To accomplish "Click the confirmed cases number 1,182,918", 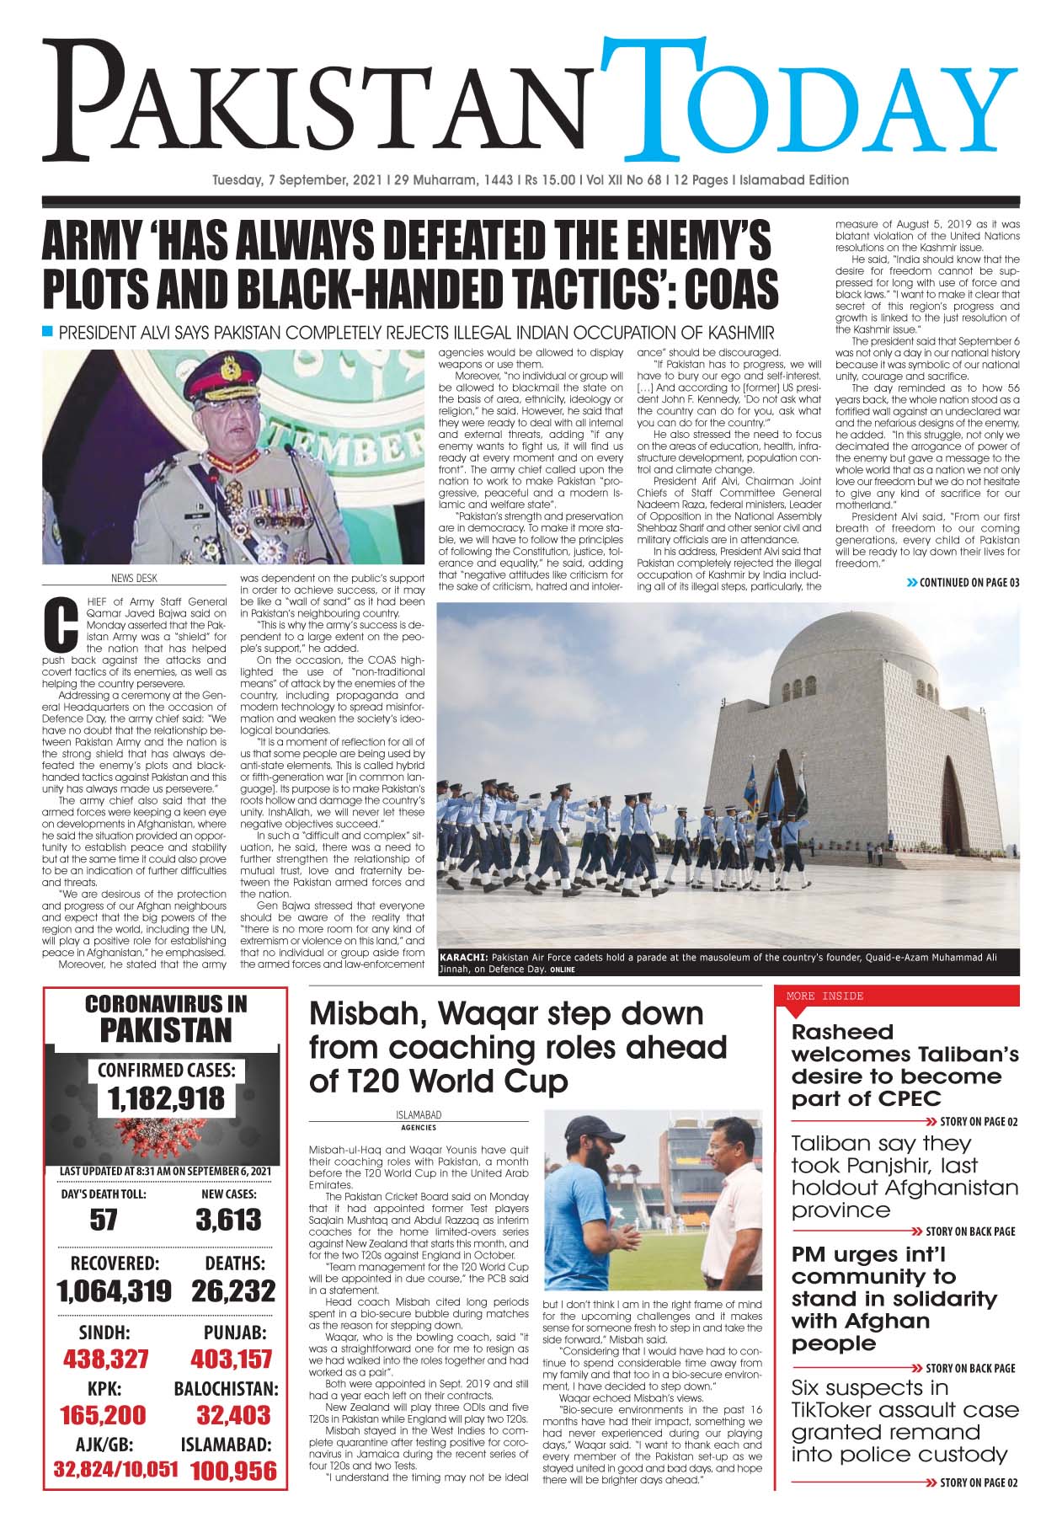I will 167,1098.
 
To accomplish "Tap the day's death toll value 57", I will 104,1219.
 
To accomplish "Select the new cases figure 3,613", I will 228,1219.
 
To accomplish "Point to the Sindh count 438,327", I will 105,1358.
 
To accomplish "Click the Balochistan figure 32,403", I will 233,1414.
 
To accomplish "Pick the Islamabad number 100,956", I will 233,1471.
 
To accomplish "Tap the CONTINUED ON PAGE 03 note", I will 963,582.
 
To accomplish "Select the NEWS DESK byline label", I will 134,578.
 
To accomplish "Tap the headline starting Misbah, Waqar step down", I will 517,1046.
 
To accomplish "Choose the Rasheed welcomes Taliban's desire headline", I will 904,1065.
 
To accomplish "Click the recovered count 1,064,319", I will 114,1290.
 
